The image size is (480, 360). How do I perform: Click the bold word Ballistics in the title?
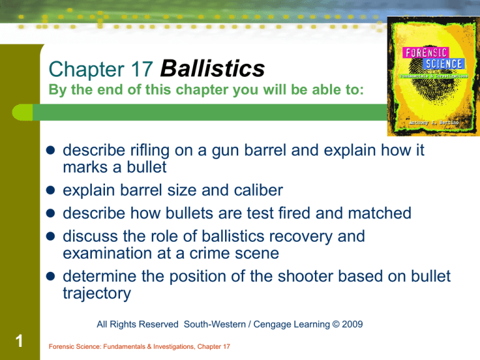(x=212, y=69)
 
